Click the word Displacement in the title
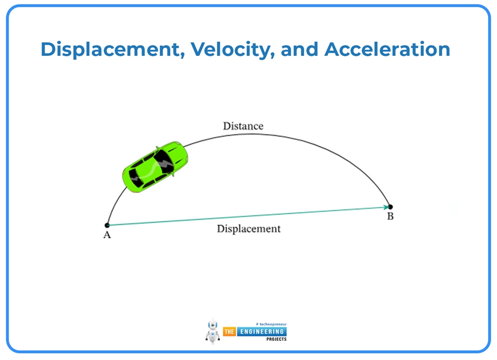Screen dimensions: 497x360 pyautogui.click(x=113, y=50)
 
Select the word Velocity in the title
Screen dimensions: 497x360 pyautogui.click(x=232, y=50)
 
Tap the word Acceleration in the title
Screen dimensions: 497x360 pyautogui.click(x=387, y=49)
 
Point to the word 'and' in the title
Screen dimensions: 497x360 pyautogui.click(x=299, y=49)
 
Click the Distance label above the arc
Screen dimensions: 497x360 pyautogui.click(x=243, y=126)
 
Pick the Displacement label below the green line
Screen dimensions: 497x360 pyautogui.click(x=248, y=229)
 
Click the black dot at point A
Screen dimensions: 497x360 pyautogui.click(x=107, y=225)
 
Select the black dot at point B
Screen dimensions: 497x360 pyautogui.click(x=391, y=207)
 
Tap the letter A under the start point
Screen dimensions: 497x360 pyautogui.click(x=107, y=235)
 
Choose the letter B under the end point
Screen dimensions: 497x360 pyautogui.click(x=390, y=216)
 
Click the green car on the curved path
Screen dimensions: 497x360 pyautogui.click(x=155, y=167)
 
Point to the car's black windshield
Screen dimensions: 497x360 pyautogui.click(x=164, y=161)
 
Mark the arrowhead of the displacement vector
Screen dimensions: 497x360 pyautogui.click(x=386, y=207)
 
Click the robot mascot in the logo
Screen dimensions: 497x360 pyautogui.click(x=213, y=331)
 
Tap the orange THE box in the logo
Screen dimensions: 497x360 pyautogui.click(x=230, y=332)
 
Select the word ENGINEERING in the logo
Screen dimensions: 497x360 pyautogui.click(x=262, y=332)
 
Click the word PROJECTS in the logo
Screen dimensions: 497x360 pyautogui.click(x=276, y=339)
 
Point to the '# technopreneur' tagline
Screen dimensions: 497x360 pyautogui.click(x=271, y=324)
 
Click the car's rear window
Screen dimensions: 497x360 pyautogui.click(x=136, y=178)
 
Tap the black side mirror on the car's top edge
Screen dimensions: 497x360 pyautogui.click(x=157, y=148)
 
